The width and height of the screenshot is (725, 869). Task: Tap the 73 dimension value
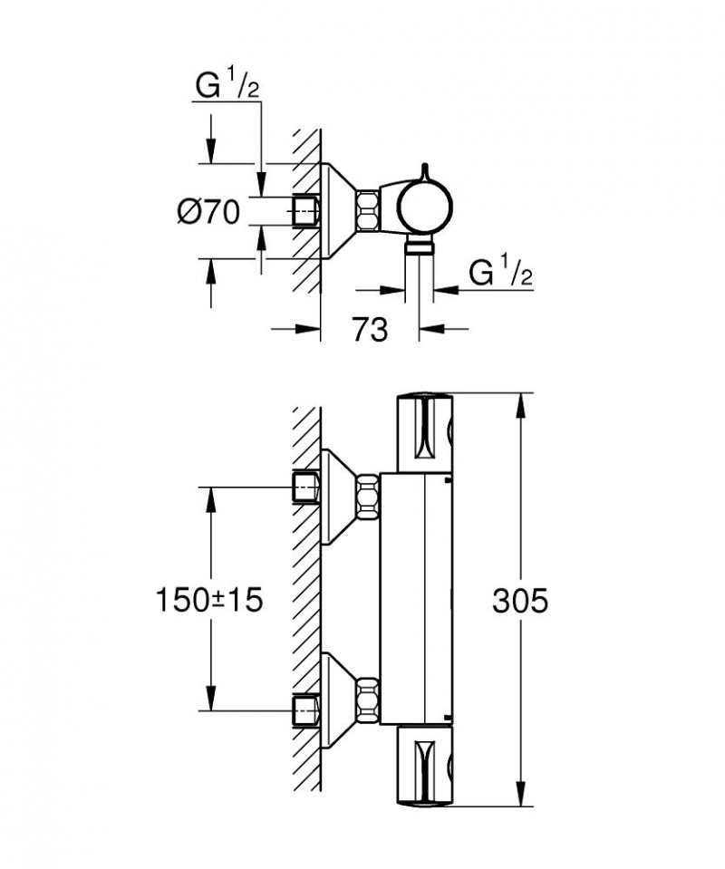(x=369, y=330)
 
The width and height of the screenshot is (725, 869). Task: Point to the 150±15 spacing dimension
(x=210, y=600)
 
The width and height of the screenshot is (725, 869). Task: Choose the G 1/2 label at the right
(x=499, y=274)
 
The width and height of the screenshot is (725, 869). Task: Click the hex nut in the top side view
(x=367, y=212)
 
